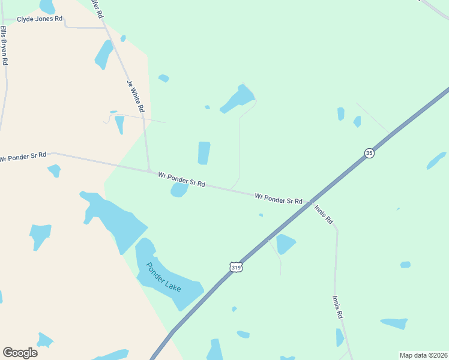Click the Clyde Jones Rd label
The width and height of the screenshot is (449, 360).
pos(40,19)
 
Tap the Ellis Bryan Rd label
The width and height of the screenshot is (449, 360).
pos(4,45)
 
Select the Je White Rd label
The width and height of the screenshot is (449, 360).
pos(136,97)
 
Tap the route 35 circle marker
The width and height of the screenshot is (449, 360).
pos(369,154)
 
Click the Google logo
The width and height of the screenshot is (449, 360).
pos(20,353)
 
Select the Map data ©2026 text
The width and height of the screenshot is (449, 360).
pos(423,355)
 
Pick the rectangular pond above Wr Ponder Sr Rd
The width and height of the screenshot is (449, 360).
pos(204,153)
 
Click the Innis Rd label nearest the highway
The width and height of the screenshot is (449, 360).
pos(324,214)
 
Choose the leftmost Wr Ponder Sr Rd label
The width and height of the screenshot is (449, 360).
pos(23,157)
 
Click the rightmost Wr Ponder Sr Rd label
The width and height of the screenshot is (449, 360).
pos(279,199)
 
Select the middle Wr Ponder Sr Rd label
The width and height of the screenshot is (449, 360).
pos(182,179)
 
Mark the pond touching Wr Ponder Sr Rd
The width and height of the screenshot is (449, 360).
pos(179,190)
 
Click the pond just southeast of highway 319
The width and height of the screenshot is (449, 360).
pos(285,243)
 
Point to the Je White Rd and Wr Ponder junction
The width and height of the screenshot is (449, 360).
pos(149,171)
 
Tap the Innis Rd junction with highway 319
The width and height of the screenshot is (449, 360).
pos(310,203)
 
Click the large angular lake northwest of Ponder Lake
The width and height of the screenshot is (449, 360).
pos(114,219)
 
